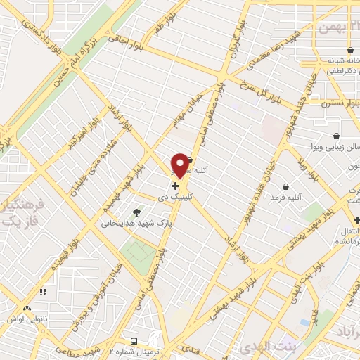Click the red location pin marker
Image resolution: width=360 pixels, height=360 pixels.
point(180,166)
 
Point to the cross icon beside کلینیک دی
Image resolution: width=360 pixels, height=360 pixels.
point(174,187)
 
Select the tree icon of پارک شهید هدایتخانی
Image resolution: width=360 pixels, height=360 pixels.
point(136,212)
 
